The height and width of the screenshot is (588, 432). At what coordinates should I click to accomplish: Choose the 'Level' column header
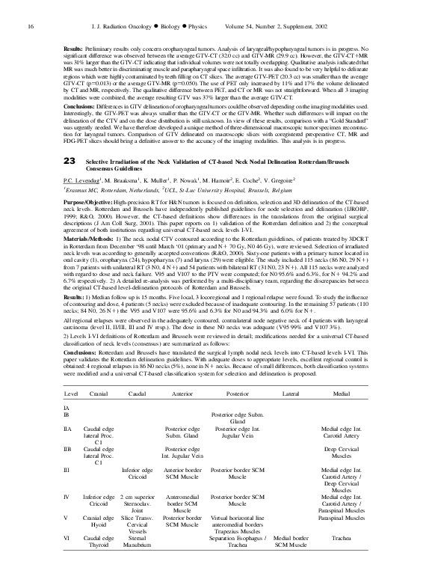[71, 391]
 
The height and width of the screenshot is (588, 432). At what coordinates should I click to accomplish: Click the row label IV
[67, 516]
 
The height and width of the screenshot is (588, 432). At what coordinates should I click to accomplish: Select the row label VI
[67, 558]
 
